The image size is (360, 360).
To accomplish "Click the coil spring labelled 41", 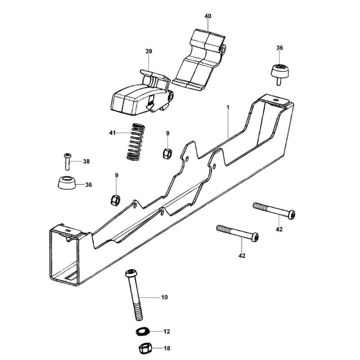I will click(x=135, y=142).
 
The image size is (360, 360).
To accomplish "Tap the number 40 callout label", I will click(x=208, y=16).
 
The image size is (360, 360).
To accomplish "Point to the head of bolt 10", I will click(x=131, y=273).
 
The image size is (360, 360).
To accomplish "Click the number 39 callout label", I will click(x=149, y=51).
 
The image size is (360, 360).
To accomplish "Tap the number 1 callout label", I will click(x=228, y=107).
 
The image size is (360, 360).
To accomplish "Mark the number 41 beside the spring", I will click(x=112, y=133).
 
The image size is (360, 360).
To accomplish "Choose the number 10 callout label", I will click(x=164, y=297).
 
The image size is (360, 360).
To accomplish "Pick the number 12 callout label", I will click(x=166, y=331).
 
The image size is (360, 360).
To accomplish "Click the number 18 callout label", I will click(x=166, y=348).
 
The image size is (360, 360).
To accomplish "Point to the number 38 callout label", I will click(x=86, y=161).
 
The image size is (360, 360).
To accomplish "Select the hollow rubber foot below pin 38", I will click(x=67, y=183).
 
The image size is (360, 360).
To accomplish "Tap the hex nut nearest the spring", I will click(x=167, y=153).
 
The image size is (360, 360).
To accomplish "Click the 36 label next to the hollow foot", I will click(x=89, y=185).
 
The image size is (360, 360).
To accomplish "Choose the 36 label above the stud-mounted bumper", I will click(x=279, y=48).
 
